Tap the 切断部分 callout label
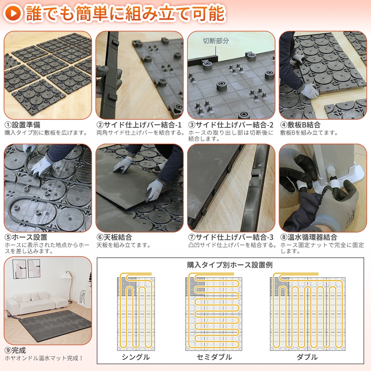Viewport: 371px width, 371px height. (x=215, y=40)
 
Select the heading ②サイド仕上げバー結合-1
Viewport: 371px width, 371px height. (x=139, y=125)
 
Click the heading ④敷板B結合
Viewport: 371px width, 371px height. (x=300, y=125)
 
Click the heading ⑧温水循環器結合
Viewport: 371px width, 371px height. (x=309, y=237)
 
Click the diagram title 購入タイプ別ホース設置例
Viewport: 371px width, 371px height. (x=230, y=265)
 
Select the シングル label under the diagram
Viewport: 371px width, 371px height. (x=135, y=357)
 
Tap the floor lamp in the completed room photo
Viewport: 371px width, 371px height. (x=70, y=284)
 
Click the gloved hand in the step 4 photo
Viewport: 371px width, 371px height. (x=308, y=90)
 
